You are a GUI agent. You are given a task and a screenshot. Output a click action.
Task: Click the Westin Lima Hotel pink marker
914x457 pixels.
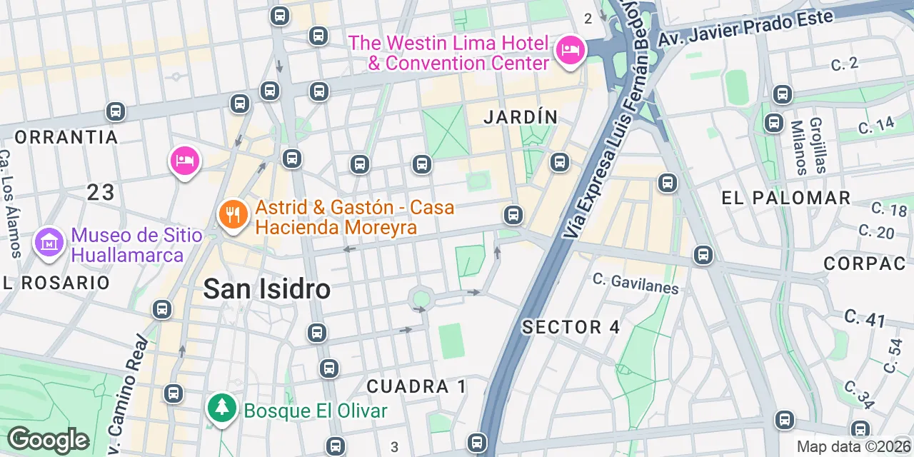[x=571, y=51]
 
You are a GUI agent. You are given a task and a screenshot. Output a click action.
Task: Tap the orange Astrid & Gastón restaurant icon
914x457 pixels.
[x=233, y=214]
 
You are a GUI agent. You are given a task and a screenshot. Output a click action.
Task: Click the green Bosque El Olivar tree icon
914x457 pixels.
[x=222, y=408]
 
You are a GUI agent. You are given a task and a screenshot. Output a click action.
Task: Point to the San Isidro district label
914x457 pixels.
[x=266, y=289]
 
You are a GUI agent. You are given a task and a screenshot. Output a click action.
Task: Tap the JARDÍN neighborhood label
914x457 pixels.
[x=520, y=117]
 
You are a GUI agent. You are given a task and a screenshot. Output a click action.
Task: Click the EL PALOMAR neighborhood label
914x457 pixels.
[x=785, y=198]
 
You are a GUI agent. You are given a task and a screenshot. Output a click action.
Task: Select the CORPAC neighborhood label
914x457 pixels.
[x=864, y=263]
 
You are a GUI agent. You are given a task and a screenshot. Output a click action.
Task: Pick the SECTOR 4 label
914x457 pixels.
[x=571, y=328]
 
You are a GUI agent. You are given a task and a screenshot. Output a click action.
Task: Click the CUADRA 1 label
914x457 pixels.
[x=416, y=386]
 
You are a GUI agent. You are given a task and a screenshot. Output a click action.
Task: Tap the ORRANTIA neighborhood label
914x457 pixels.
[x=66, y=137]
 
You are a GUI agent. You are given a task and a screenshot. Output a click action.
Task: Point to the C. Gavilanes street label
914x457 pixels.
[x=636, y=284]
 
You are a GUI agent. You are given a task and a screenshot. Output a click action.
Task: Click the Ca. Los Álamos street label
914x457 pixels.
[x=11, y=204]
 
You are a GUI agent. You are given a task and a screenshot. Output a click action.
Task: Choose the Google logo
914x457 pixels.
[x=48, y=440]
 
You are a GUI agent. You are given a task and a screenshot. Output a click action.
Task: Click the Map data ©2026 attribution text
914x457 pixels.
[x=853, y=447]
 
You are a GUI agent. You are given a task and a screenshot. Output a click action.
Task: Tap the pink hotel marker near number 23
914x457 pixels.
[x=184, y=161]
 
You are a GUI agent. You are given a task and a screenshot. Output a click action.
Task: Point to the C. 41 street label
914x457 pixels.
[x=865, y=318]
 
